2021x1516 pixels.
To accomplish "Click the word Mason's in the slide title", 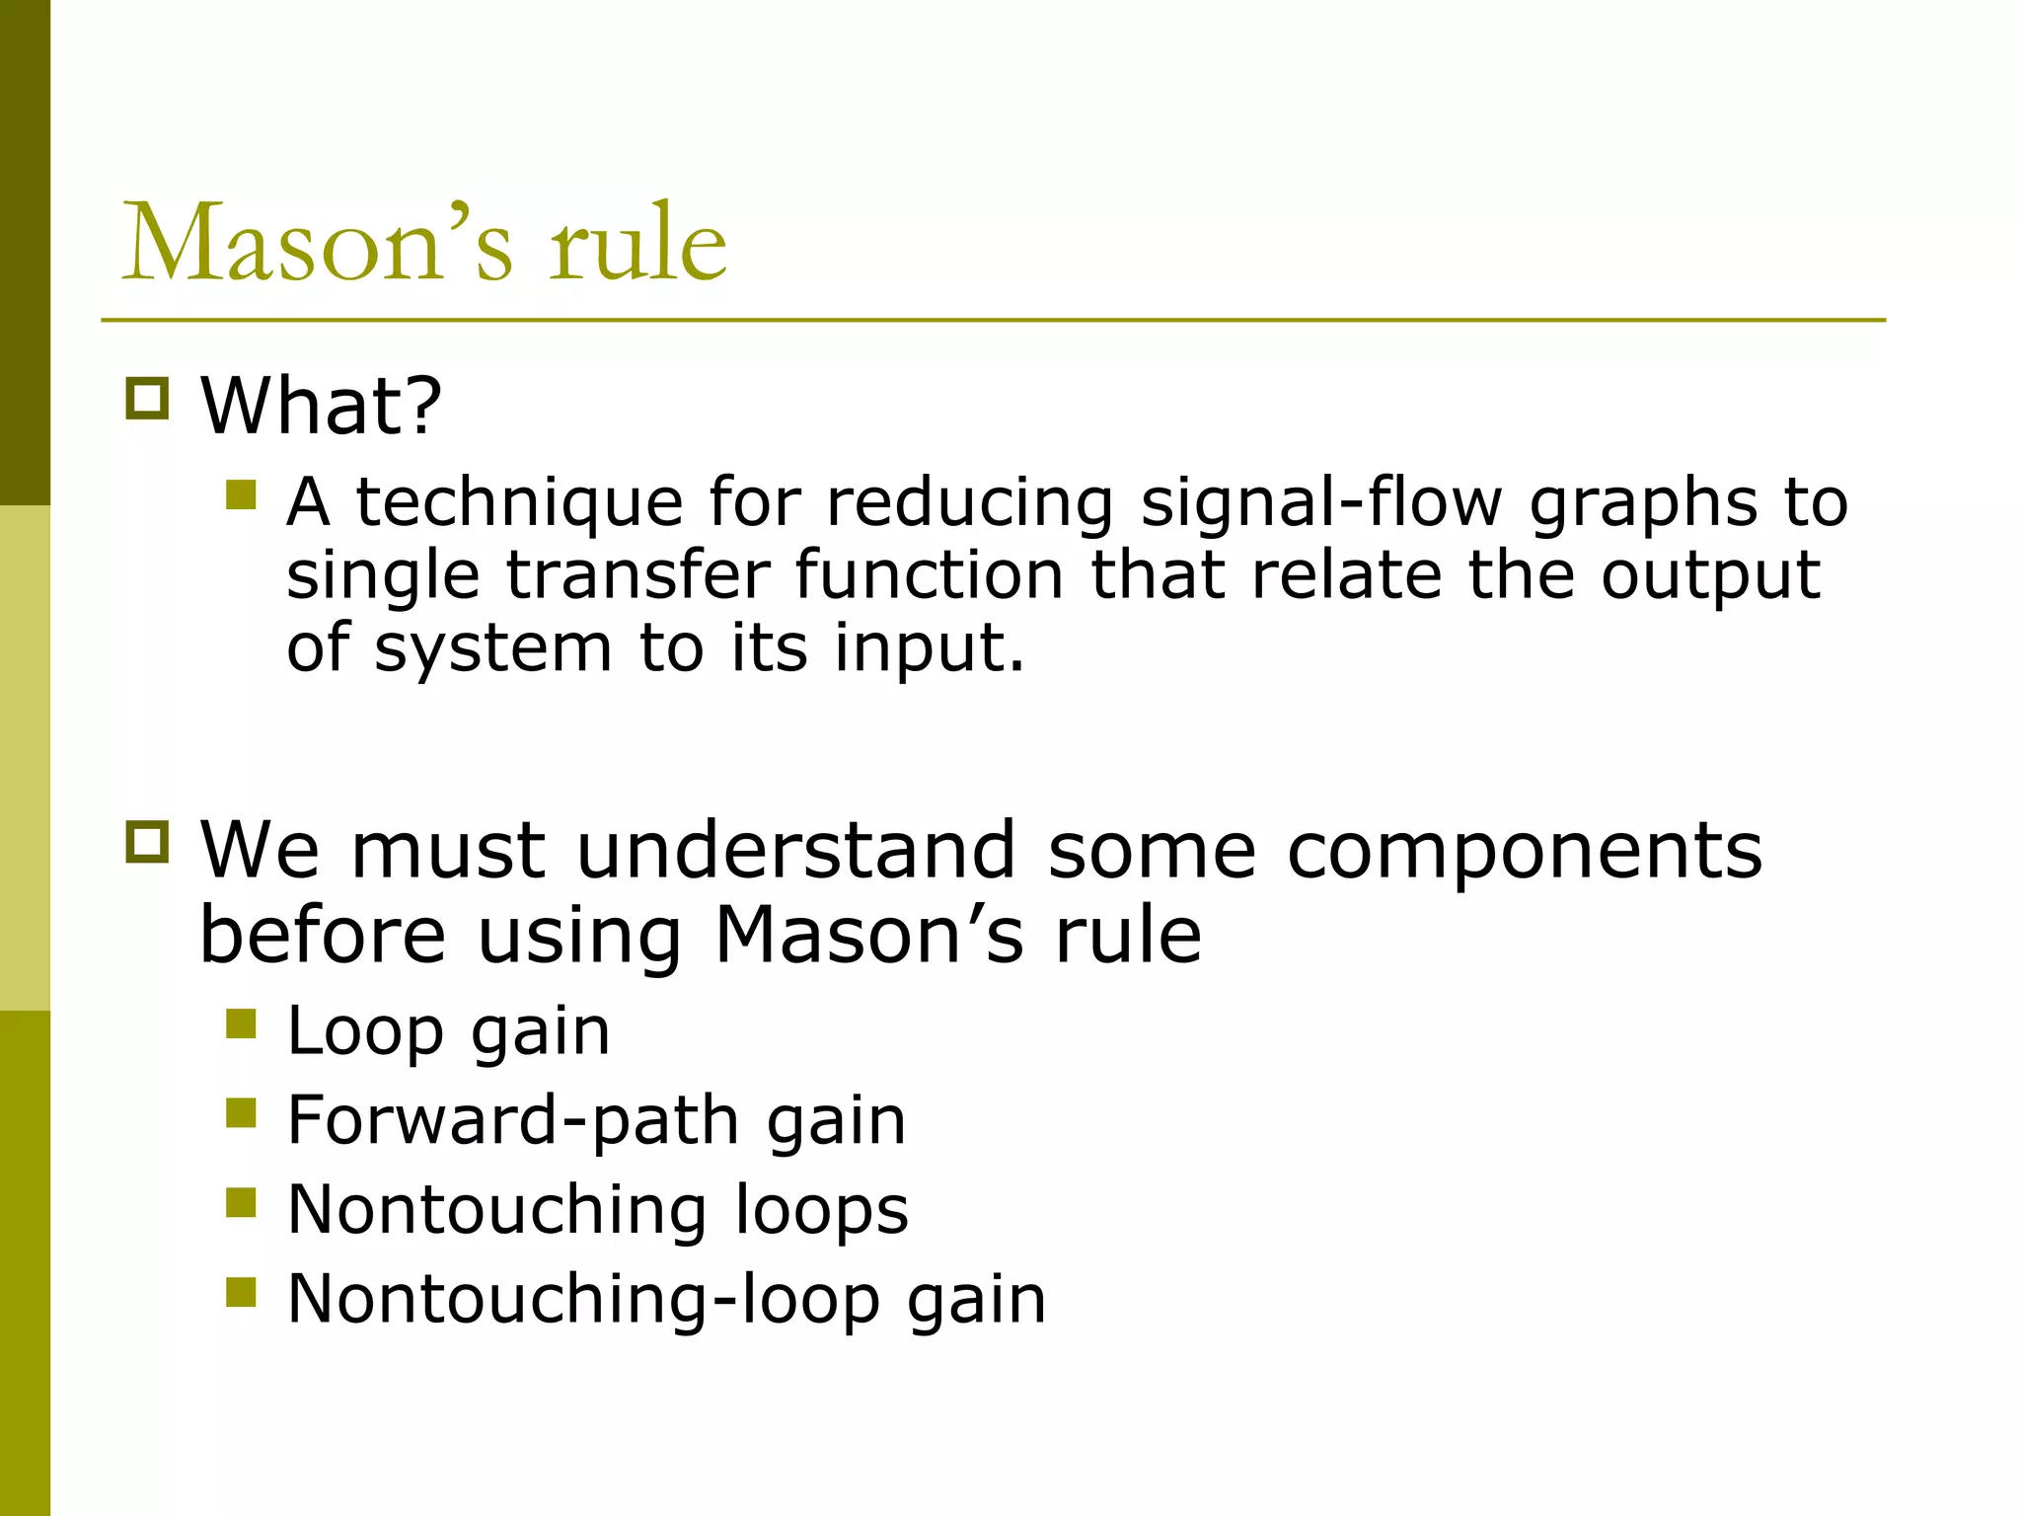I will pyautogui.click(x=317, y=242).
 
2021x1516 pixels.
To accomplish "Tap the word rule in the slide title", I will pyautogui.click(x=637, y=242).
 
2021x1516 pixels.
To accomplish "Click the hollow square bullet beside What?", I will pyautogui.click(x=148, y=399).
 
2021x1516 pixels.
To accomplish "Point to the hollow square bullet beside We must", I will pyautogui.click(x=148, y=842).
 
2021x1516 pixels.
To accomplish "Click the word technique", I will pyautogui.click(x=519, y=502).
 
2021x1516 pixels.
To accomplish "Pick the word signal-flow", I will pyautogui.click(x=1321, y=502).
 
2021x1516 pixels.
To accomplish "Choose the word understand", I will pyautogui.click(x=795, y=850).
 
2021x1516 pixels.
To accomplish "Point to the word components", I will pyautogui.click(x=1525, y=850).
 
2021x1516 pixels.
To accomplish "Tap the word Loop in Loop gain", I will pyautogui.click(x=365, y=1032).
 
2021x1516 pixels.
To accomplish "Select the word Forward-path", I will pyautogui.click(x=513, y=1121).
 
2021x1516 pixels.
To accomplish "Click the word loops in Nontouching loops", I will pyautogui.click(x=822, y=1210).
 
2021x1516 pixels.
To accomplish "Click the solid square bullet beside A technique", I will pyautogui.click(x=241, y=494).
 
